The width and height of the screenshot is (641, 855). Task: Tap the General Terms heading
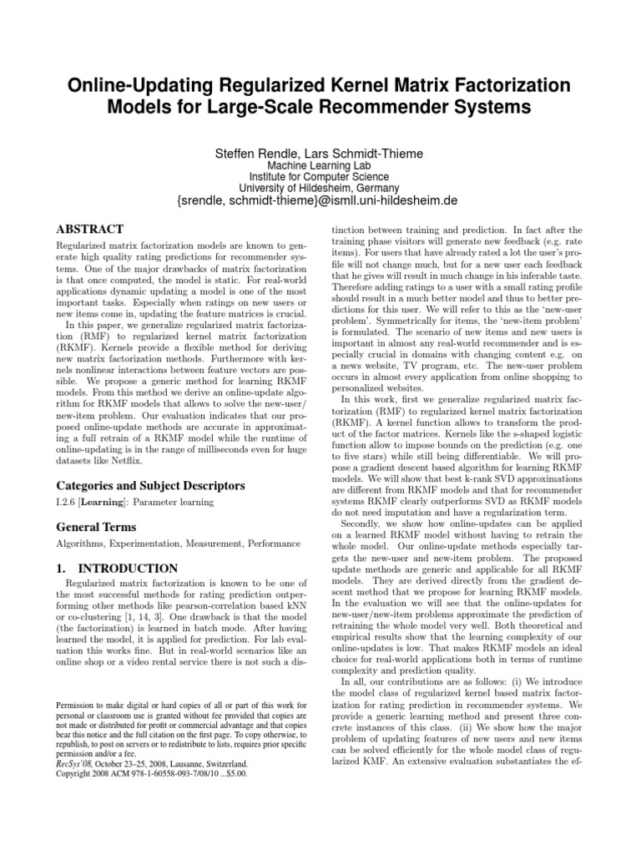coord(95,528)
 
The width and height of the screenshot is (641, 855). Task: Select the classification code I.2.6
coord(66,502)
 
